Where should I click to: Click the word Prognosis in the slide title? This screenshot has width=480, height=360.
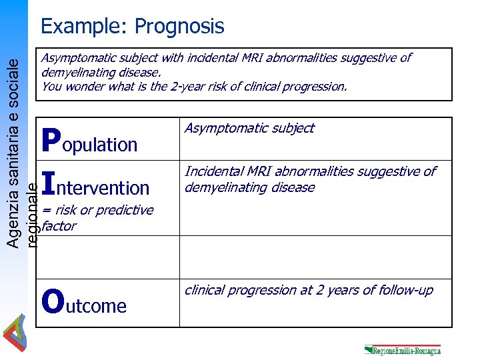(x=179, y=27)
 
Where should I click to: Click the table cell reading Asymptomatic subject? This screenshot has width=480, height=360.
(x=249, y=128)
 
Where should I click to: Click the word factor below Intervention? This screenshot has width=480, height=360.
(x=59, y=226)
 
